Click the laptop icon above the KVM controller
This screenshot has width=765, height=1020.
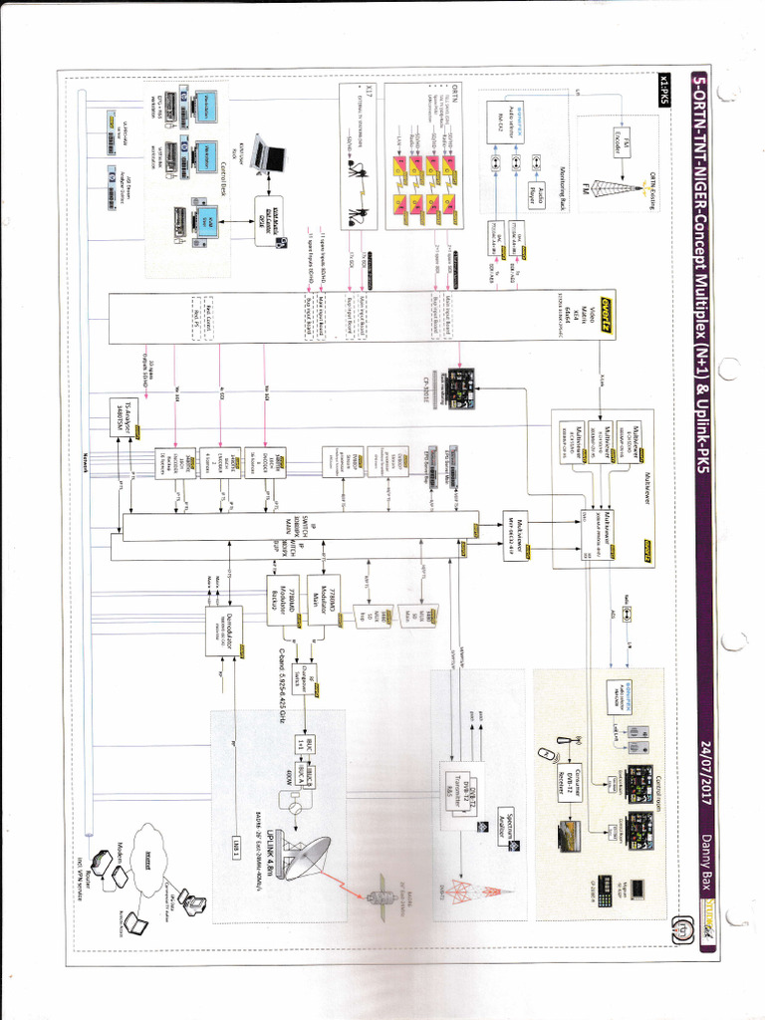pyautogui.click(x=267, y=154)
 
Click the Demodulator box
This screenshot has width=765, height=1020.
pyautogui.click(x=223, y=631)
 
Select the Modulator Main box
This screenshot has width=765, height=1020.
pyautogui.click(x=324, y=599)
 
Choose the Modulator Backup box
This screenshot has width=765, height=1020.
pyautogui.click(x=283, y=599)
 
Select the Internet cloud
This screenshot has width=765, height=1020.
pyautogui.click(x=148, y=848)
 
